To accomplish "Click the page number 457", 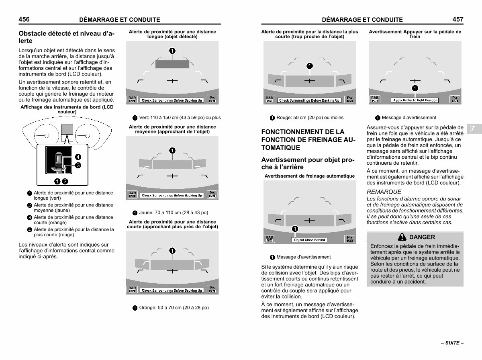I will point(457,19).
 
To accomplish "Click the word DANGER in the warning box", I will point(422,237).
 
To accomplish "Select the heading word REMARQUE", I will point(384,192).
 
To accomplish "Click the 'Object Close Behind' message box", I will point(309,240).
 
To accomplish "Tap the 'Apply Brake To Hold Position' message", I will point(415,100).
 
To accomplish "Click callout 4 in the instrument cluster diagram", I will point(78,157).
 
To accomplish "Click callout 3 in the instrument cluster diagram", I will point(78,165).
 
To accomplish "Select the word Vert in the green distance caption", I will point(144,118).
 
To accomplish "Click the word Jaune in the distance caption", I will point(146,213).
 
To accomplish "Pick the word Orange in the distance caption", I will point(147,308).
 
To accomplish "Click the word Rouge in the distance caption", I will point(284,118).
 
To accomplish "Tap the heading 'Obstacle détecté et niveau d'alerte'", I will point(66,37).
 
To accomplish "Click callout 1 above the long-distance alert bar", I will point(172,50).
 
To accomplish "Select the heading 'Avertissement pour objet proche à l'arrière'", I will point(308,164).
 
